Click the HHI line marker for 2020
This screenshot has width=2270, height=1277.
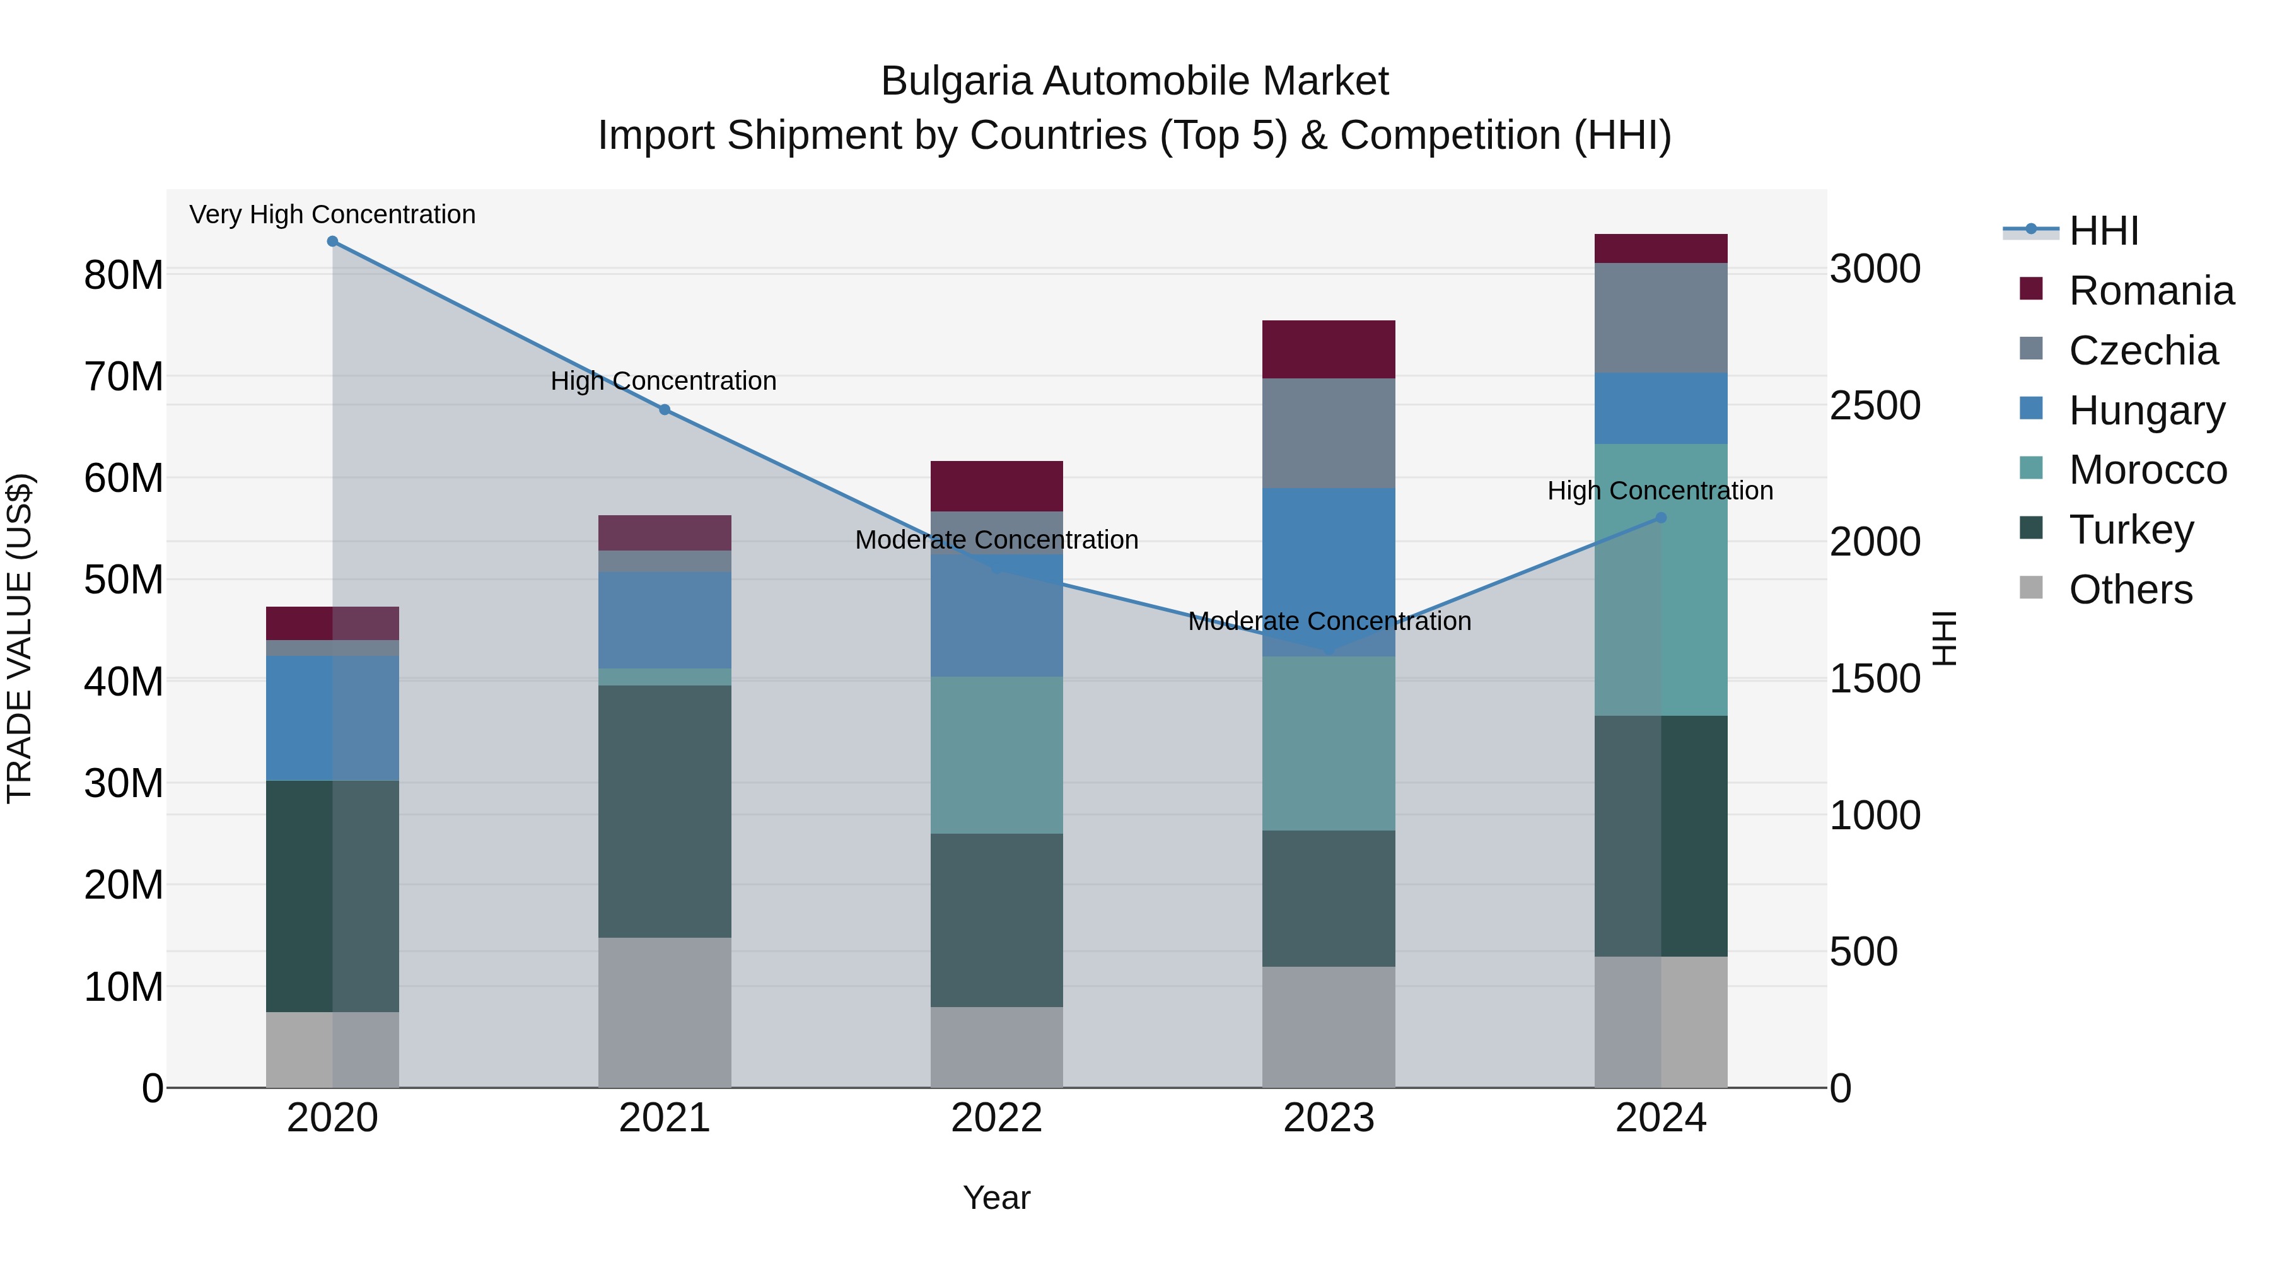[332, 242]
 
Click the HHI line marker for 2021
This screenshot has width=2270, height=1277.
[665, 410]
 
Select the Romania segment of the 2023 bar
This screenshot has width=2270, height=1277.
[1328, 350]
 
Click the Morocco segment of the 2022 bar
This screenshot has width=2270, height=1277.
[997, 755]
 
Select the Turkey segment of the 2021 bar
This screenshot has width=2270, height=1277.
[665, 811]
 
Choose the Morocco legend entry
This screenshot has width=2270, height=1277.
[2148, 470]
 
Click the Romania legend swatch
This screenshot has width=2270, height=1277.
[2031, 289]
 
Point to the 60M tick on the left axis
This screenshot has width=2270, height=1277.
[124, 479]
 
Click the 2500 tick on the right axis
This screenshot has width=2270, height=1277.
[1875, 405]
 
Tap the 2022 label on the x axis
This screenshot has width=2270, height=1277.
[997, 1118]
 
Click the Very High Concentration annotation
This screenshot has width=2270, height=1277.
[332, 214]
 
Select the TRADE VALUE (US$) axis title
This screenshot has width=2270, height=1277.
[20, 638]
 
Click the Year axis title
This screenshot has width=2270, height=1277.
[997, 1198]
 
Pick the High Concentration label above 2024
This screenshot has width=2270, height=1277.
[1660, 491]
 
